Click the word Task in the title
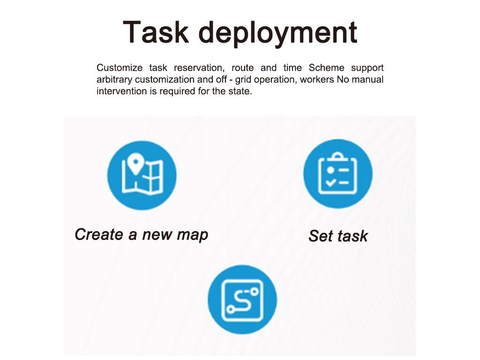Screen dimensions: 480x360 [156, 32]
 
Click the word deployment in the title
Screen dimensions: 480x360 [278, 34]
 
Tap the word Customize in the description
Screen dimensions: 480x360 [120, 67]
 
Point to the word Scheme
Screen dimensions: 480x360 [326, 67]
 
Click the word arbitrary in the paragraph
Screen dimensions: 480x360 [114, 80]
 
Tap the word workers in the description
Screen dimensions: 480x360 [317, 80]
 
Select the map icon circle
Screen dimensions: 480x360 [142, 175]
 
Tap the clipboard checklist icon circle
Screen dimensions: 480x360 [337, 174]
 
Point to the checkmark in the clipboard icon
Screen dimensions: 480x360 [330, 183]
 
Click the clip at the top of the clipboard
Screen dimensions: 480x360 [337, 157]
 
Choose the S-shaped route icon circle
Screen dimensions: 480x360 [242, 300]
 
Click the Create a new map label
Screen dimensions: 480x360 [142, 235]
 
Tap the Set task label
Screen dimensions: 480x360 [338, 236]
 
